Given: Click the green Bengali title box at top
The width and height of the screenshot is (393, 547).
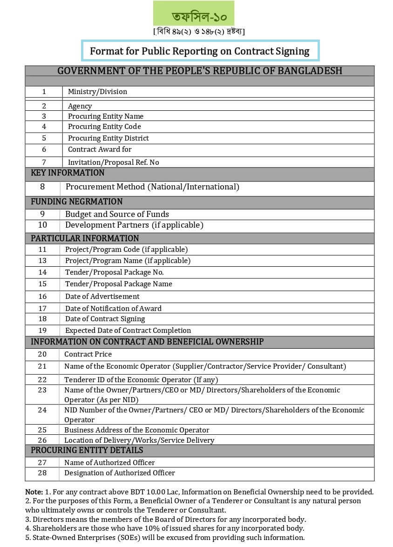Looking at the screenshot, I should point(194,14).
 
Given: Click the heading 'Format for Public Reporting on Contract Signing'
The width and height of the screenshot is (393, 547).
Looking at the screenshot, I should point(200,51).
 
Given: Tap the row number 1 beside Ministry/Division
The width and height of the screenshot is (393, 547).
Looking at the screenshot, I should point(44,92).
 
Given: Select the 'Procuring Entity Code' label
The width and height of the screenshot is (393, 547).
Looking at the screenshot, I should point(104,127).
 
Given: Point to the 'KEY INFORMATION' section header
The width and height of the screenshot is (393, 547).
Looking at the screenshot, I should point(68,173).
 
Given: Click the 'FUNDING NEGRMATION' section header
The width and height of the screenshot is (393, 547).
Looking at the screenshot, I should point(76,202).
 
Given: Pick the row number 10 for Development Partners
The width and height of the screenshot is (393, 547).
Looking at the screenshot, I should point(42,225).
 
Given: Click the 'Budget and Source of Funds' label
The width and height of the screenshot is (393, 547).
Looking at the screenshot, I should point(117,214).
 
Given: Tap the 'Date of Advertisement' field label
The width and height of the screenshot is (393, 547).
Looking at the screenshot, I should point(102,296).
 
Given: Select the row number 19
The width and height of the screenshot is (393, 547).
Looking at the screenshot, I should point(42,330).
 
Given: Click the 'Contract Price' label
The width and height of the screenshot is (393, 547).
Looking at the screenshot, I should point(88,354).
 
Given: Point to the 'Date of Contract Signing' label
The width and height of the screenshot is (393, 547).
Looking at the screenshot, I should point(105,319).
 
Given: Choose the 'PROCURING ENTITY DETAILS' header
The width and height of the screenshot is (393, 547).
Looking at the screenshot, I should point(87,450).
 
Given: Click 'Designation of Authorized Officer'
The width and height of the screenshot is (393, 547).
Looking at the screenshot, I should point(120,473).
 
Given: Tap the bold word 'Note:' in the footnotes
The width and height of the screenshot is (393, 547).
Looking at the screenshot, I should point(34,492).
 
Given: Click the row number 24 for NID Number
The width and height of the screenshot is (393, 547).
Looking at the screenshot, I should point(42,410).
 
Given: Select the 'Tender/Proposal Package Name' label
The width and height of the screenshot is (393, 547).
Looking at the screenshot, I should point(119,284).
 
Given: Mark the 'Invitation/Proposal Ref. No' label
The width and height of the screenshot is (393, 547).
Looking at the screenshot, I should point(114,162).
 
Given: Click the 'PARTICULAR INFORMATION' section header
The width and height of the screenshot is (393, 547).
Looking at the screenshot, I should point(85,238).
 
